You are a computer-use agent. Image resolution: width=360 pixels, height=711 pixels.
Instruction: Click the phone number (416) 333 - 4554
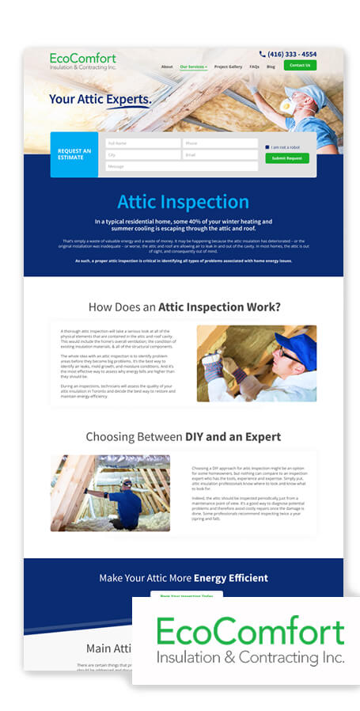pyautogui.click(x=291, y=55)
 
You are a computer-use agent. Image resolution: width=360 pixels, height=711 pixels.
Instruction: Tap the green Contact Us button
pyautogui.click(x=300, y=65)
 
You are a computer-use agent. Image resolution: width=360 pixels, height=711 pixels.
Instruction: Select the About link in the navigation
pyautogui.click(x=167, y=67)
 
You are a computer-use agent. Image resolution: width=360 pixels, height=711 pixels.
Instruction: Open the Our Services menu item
pyautogui.click(x=193, y=67)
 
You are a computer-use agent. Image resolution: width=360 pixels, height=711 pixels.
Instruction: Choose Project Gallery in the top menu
pyautogui.click(x=228, y=67)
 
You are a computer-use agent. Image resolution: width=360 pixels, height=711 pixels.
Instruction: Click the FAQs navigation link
pyautogui.click(x=254, y=67)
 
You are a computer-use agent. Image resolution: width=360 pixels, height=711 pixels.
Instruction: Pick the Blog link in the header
pyautogui.click(x=271, y=67)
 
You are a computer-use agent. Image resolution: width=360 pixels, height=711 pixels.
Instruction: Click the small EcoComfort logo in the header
pyautogui.click(x=82, y=61)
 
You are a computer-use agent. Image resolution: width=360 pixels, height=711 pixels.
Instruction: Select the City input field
pyautogui.click(x=143, y=155)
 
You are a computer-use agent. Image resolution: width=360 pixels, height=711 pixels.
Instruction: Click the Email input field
pyautogui.click(x=220, y=155)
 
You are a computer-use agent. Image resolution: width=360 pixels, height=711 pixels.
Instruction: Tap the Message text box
pyautogui.click(x=182, y=166)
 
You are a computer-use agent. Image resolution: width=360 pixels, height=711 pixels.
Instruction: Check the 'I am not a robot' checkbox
pyautogui.click(x=267, y=147)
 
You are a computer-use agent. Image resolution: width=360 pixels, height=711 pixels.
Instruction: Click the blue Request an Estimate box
pyautogui.click(x=75, y=154)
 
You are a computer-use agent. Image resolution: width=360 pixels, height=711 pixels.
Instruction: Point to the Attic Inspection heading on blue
pyautogui.click(x=183, y=202)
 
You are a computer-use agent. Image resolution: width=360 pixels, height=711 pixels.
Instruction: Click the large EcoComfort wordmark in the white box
pyautogui.click(x=250, y=632)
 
